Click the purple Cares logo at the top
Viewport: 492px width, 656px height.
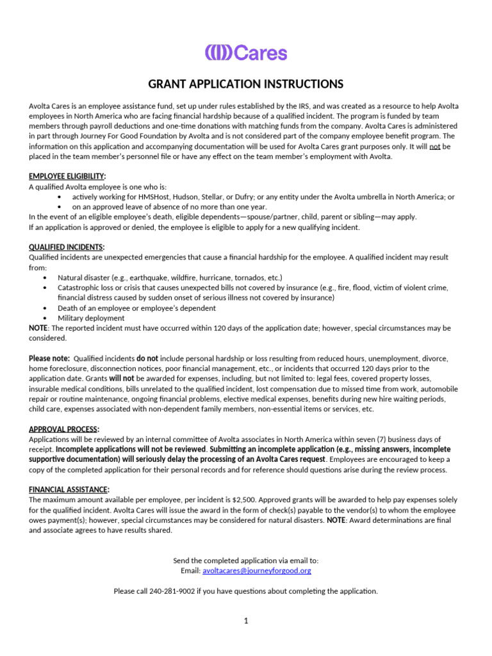tap(246, 53)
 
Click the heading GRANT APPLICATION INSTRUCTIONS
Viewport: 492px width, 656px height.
tap(246, 85)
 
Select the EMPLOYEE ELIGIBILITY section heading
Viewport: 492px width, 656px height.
tap(67, 176)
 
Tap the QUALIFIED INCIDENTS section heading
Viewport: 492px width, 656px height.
tap(67, 247)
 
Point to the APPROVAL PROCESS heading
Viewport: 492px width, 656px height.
tap(64, 429)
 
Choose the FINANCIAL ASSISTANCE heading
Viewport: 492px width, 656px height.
tap(69, 489)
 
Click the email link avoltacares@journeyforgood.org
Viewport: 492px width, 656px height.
tap(257, 570)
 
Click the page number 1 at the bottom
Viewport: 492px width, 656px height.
tap(246, 621)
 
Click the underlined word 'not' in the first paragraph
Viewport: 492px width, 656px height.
tap(435, 146)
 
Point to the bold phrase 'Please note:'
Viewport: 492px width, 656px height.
tap(49, 358)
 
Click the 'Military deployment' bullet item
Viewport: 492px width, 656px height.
tap(91, 318)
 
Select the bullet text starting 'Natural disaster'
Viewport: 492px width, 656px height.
tap(170, 277)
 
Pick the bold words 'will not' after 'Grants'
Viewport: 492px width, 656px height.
tap(121, 379)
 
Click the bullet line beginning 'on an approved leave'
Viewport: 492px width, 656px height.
tap(169, 207)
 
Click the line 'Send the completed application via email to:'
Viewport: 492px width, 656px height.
tap(246, 560)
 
